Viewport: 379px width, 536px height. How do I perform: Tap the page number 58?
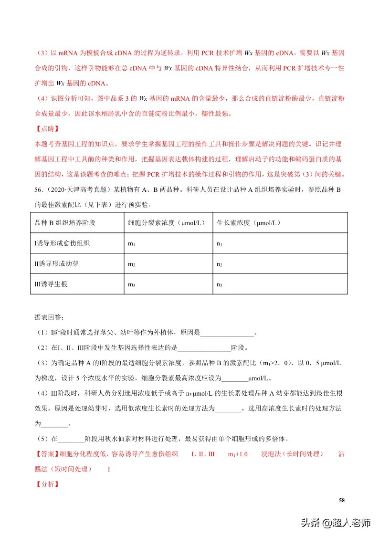(341, 500)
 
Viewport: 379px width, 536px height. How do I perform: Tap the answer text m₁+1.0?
(238, 454)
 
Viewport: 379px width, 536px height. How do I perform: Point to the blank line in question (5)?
(70, 439)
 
